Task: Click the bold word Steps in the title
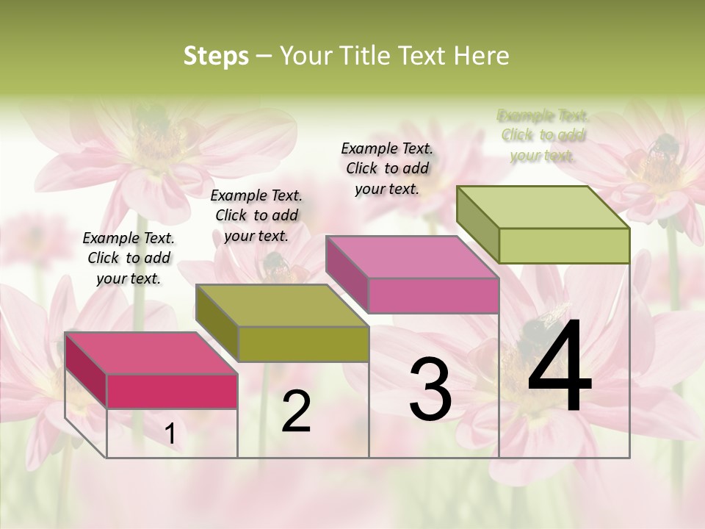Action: (x=216, y=56)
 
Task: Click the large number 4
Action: (x=560, y=367)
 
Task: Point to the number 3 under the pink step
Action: (x=430, y=389)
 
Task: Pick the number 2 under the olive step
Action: (x=296, y=411)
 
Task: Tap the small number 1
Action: (x=170, y=434)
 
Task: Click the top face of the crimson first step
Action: (x=151, y=353)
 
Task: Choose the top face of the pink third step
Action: (x=412, y=257)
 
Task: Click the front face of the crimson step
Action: (x=172, y=391)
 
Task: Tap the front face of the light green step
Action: (x=564, y=245)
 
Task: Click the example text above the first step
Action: (x=129, y=258)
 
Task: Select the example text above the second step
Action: (x=256, y=215)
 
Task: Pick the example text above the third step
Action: (x=387, y=168)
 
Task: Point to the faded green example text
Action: (x=543, y=135)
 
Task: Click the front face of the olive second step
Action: (x=303, y=344)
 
